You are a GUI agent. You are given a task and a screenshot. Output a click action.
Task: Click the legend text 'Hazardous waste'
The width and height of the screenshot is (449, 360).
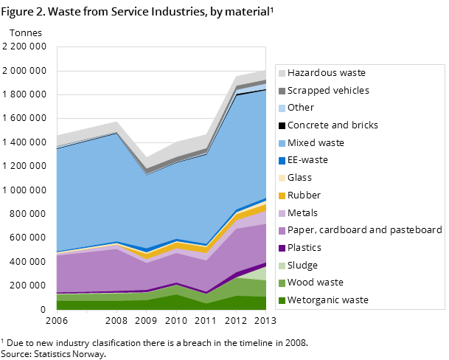click(x=326, y=73)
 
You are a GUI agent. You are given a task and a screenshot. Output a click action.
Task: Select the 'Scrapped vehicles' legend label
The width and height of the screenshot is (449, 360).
click(x=328, y=91)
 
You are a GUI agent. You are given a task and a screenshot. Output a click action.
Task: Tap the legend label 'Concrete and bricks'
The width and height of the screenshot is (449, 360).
click(x=333, y=125)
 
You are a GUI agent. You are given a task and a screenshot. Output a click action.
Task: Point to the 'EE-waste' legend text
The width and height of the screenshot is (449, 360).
click(x=307, y=160)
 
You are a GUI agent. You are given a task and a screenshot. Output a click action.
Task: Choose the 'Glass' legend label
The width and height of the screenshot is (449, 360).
click(x=299, y=178)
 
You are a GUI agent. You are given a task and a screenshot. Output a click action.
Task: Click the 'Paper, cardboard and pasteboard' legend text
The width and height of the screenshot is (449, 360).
click(x=364, y=230)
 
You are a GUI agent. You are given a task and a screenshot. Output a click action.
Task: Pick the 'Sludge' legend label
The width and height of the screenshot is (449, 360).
click(x=302, y=266)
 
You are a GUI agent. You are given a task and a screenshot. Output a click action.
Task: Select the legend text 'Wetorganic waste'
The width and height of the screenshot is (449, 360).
click(x=327, y=300)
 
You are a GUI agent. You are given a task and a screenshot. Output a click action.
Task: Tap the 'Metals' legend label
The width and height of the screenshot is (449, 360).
click(x=302, y=213)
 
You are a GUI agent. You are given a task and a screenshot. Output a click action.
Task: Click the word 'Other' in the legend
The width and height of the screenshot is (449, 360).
click(x=300, y=108)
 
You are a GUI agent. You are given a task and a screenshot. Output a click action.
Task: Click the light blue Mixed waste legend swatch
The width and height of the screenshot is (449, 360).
click(x=282, y=143)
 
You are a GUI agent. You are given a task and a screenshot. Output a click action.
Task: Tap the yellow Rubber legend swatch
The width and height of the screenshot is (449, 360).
click(x=282, y=195)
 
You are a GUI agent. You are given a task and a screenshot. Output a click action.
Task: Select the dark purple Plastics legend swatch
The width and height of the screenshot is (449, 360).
click(x=282, y=248)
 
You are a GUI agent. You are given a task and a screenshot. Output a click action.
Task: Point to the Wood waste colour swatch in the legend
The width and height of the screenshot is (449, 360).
click(x=282, y=283)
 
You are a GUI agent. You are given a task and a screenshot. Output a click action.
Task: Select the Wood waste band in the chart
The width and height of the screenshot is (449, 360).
click(x=243, y=287)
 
